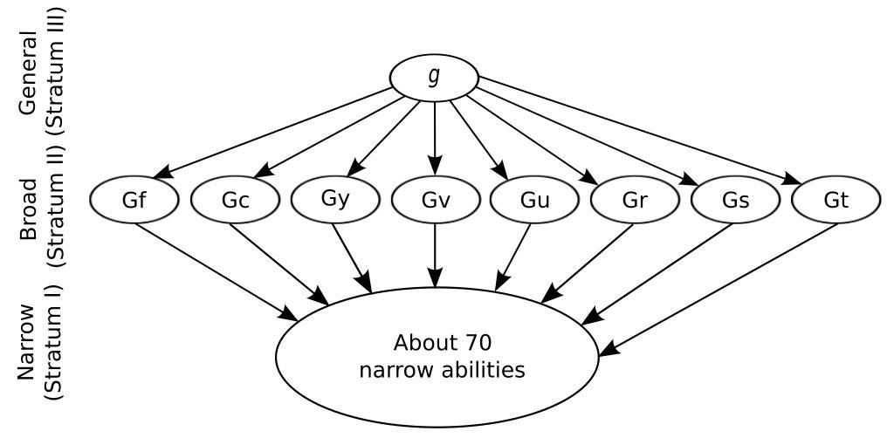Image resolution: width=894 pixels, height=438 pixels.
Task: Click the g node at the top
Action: (434, 78)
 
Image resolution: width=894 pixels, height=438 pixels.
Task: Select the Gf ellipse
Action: (134, 200)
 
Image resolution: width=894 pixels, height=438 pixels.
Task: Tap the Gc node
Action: (235, 200)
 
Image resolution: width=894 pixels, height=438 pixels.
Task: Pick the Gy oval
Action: (335, 199)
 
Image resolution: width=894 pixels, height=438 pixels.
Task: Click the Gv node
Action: (436, 200)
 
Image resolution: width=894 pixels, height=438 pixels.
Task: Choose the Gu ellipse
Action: (534, 200)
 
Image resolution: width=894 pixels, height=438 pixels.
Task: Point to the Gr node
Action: (635, 200)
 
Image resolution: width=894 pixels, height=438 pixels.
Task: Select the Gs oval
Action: (735, 200)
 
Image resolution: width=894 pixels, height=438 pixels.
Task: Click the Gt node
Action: (836, 200)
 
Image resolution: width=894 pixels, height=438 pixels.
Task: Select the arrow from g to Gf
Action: (279, 132)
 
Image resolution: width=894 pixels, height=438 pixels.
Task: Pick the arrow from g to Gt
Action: (637, 131)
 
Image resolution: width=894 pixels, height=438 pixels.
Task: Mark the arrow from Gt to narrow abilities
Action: (716, 289)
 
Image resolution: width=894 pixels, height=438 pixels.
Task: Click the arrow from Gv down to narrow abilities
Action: (435, 253)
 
